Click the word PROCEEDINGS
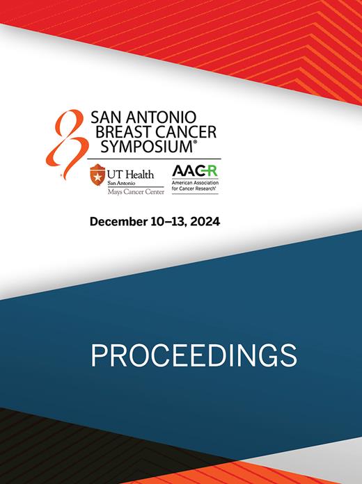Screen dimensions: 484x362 tap(194, 355)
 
